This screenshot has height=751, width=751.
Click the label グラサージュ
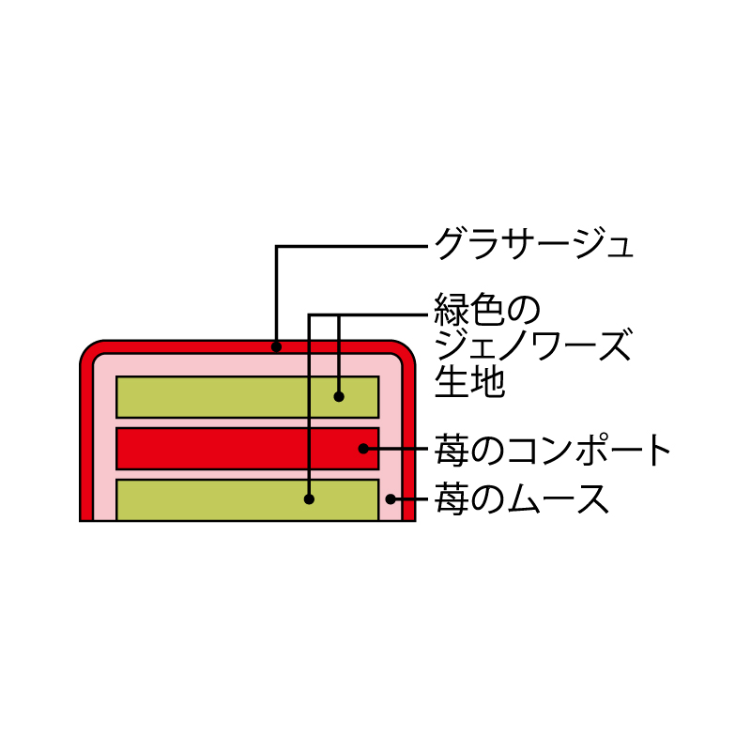click(x=533, y=244)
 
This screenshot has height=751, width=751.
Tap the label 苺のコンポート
click(x=552, y=450)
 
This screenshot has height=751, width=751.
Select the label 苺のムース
click(x=522, y=498)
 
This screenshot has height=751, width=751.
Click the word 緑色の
click(x=487, y=310)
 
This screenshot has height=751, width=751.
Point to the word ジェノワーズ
click(x=533, y=345)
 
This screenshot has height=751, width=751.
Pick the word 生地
click(x=469, y=381)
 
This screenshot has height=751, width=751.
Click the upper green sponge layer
click(x=248, y=397)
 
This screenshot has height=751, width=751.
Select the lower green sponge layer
click(x=248, y=499)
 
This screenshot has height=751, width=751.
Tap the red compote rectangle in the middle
click(x=248, y=449)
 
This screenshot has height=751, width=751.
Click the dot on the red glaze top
click(x=276, y=346)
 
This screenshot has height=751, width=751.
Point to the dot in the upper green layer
click(x=339, y=396)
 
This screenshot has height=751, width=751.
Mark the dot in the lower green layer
click(x=310, y=499)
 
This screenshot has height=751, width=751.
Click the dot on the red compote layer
click(x=363, y=449)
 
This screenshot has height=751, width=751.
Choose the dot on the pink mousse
click(x=391, y=499)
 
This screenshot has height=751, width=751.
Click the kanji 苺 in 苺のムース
click(x=452, y=498)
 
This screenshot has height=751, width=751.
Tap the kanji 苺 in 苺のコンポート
click(x=452, y=450)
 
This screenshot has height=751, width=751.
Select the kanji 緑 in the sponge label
click(x=452, y=310)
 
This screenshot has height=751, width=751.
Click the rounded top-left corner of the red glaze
click(x=89, y=349)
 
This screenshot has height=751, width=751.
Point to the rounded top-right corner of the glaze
click(x=406, y=349)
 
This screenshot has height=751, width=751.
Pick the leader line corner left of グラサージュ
click(x=276, y=247)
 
